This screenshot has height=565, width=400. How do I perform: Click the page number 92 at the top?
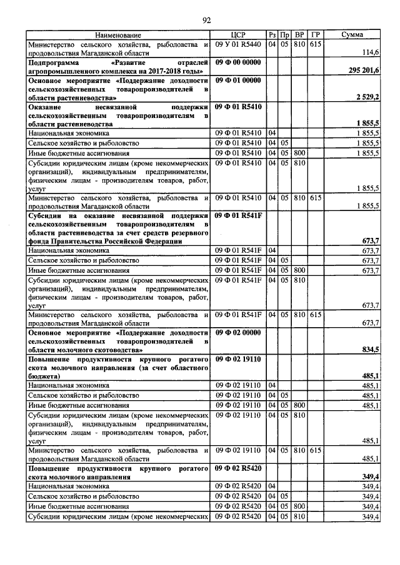pyautogui.click(x=206, y=20)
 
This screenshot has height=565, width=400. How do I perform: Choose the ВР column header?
pyautogui.click(x=300, y=35)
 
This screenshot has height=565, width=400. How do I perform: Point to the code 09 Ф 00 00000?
pyautogui.click(x=237, y=63)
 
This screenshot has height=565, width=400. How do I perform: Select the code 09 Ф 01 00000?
pyautogui.click(x=237, y=81)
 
